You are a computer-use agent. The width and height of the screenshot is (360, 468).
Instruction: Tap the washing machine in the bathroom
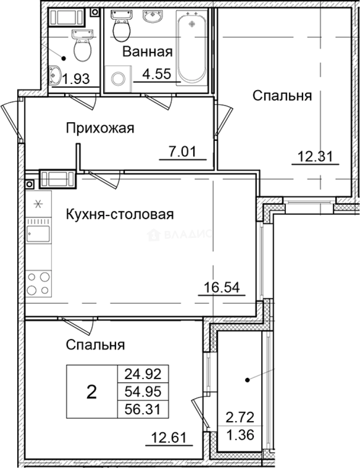(118, 78)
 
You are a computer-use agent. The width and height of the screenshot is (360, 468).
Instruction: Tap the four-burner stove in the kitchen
(39, 283)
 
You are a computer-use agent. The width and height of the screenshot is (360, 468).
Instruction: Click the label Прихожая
(100, 128)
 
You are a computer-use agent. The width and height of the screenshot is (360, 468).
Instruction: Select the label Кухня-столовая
(120, 214)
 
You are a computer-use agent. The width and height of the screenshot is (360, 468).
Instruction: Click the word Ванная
(147, 52)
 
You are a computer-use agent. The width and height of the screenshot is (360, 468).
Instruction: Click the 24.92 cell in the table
(143, 373)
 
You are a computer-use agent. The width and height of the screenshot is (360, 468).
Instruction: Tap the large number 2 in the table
(91, 392)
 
